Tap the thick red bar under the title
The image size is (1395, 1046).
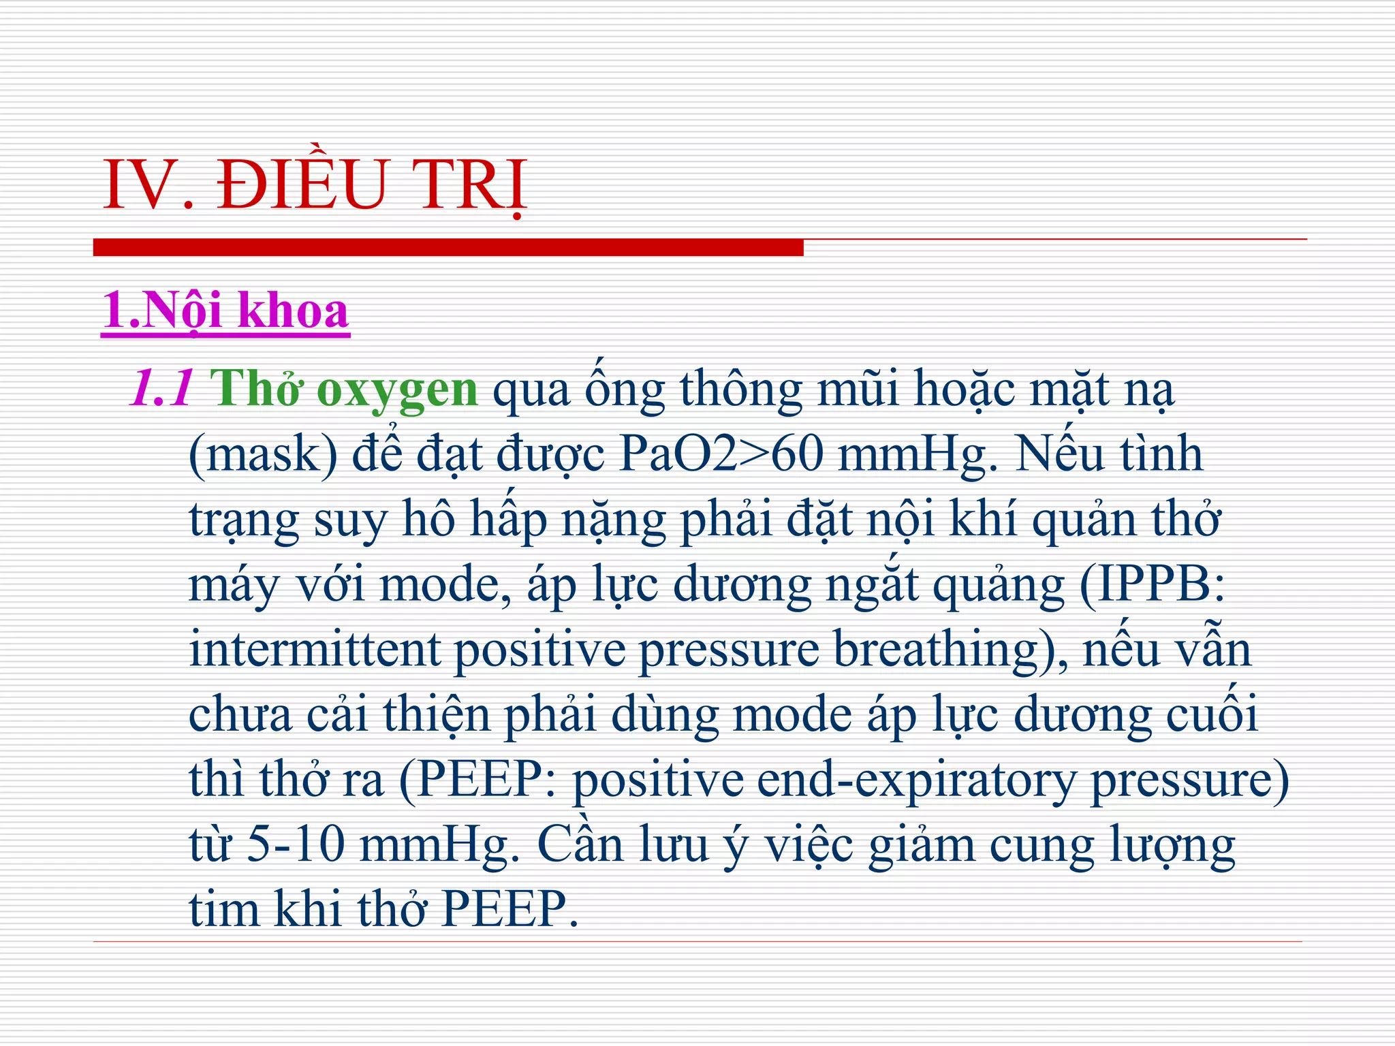point(448,247)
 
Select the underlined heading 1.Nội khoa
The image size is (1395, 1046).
point(225,311)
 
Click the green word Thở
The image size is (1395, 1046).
point(256,389)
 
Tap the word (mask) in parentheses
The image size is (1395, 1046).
point(263,455)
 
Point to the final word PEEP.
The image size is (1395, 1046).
point(510,909)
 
